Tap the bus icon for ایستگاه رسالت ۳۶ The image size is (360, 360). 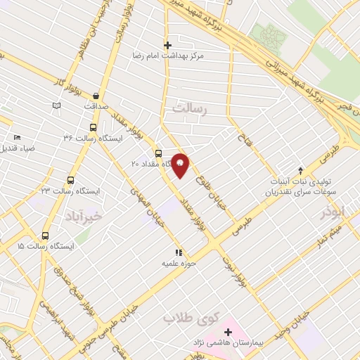point(94,127)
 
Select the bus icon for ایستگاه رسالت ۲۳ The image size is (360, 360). point(70,180)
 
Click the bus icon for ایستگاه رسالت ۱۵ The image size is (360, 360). point(46,236)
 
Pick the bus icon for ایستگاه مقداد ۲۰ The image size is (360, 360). point(158,153)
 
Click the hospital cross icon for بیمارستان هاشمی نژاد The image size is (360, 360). point(228,332)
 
